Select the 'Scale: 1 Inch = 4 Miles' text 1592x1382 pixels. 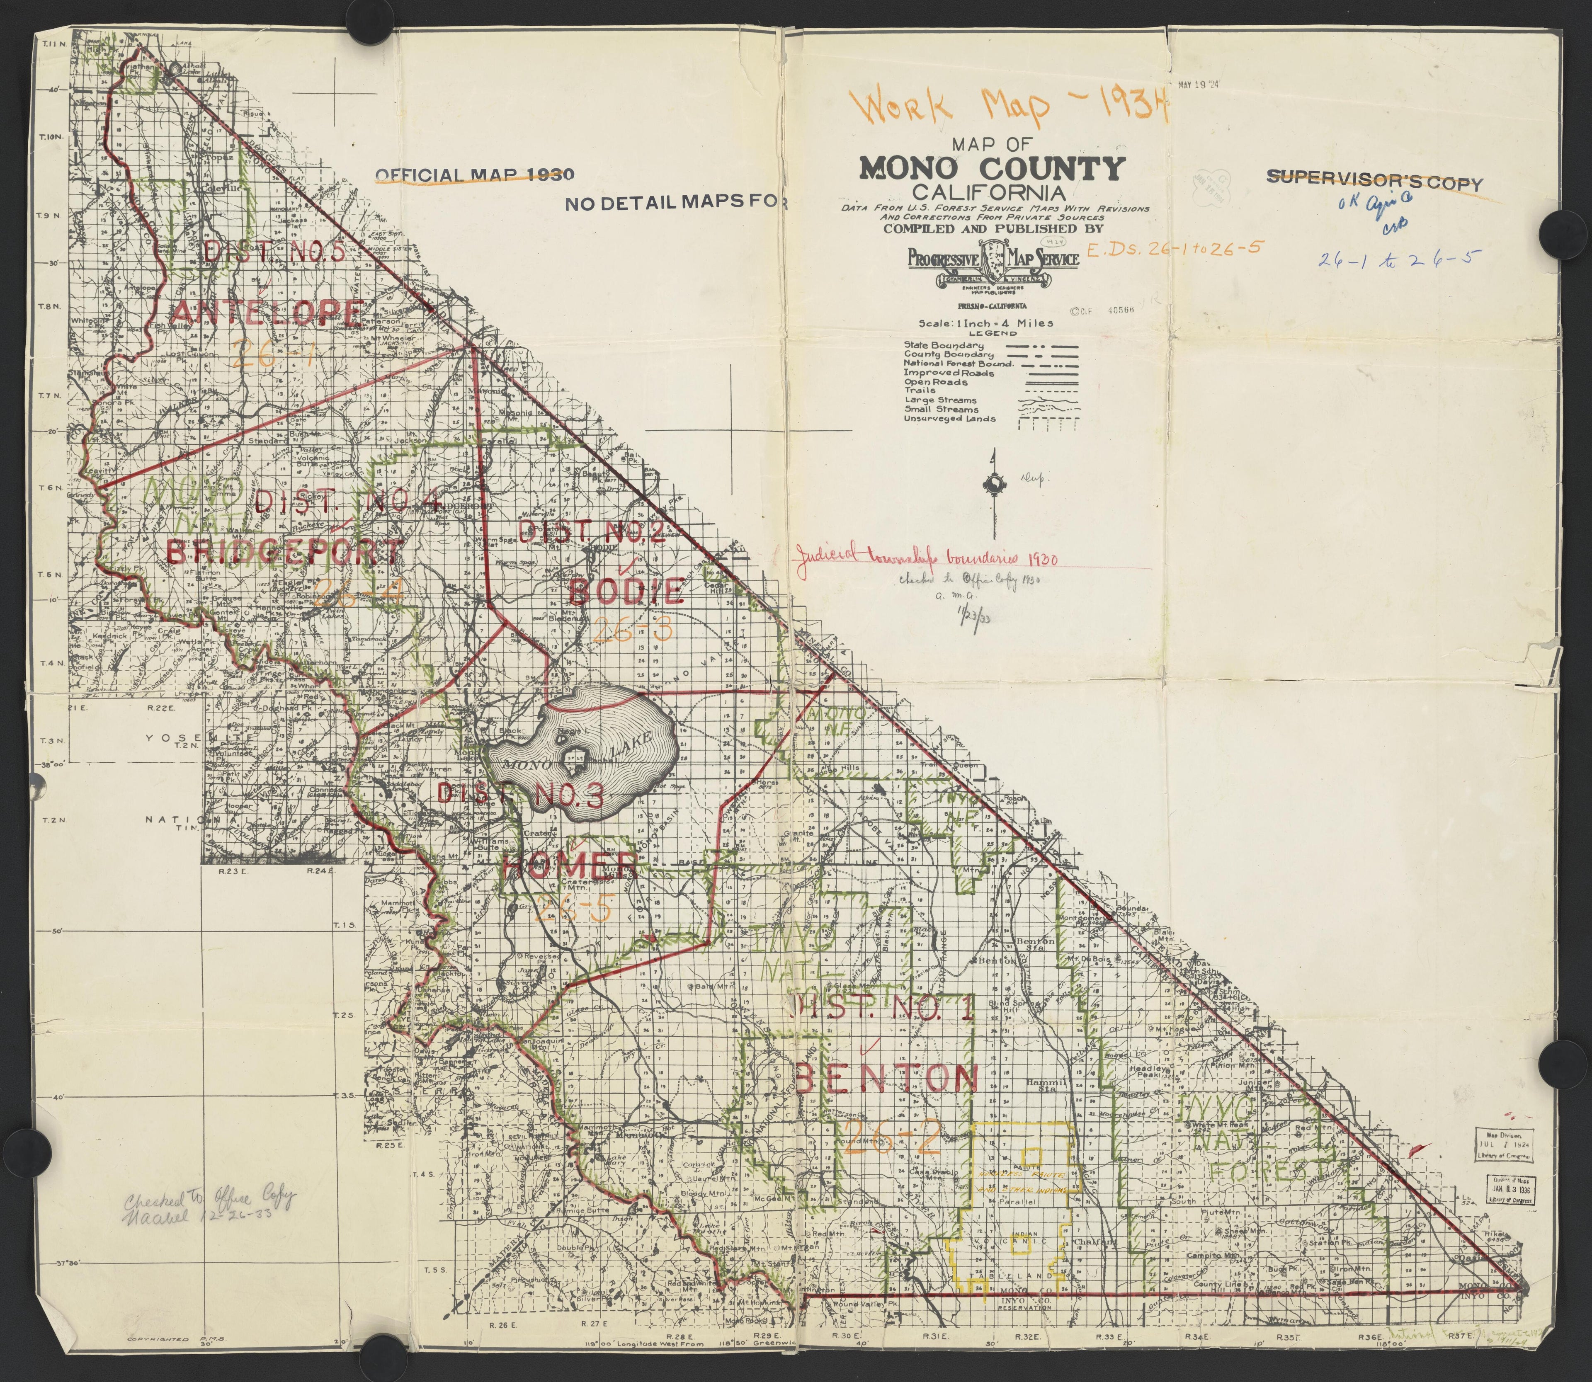click(985, 323)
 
